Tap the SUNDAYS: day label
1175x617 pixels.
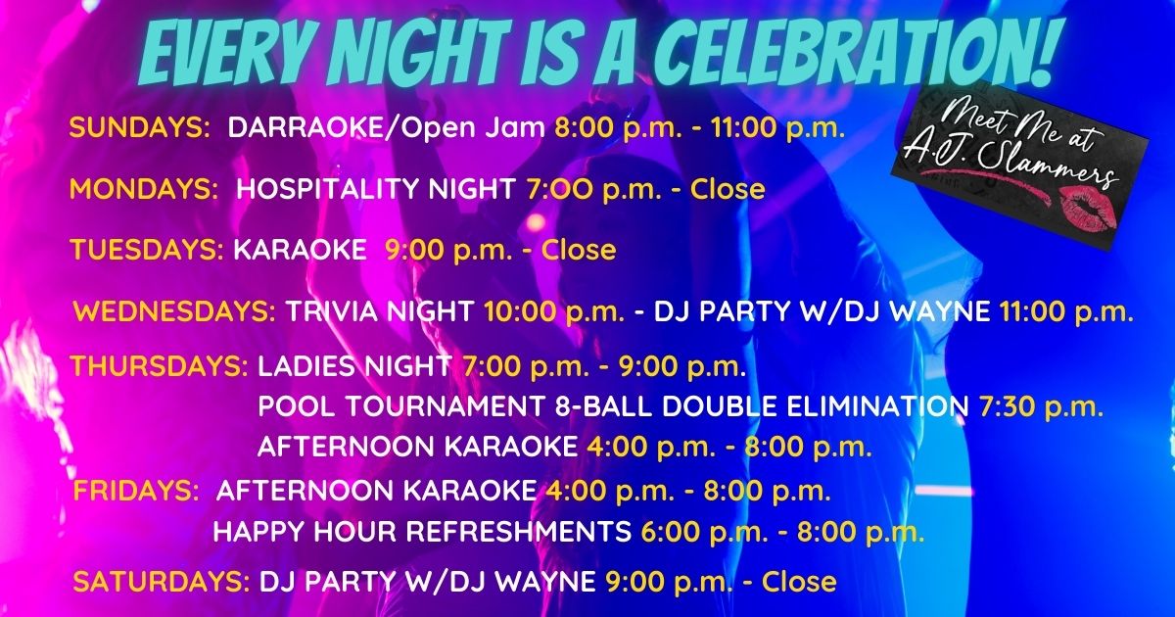139,127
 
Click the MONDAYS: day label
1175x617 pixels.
144,188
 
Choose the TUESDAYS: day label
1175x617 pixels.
147,249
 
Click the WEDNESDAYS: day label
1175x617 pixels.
174,311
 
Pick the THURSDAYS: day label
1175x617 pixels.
160,365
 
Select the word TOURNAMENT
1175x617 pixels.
439,406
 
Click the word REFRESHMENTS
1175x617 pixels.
519,531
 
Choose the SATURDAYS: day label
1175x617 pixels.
162,582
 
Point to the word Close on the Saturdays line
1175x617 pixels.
799,582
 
